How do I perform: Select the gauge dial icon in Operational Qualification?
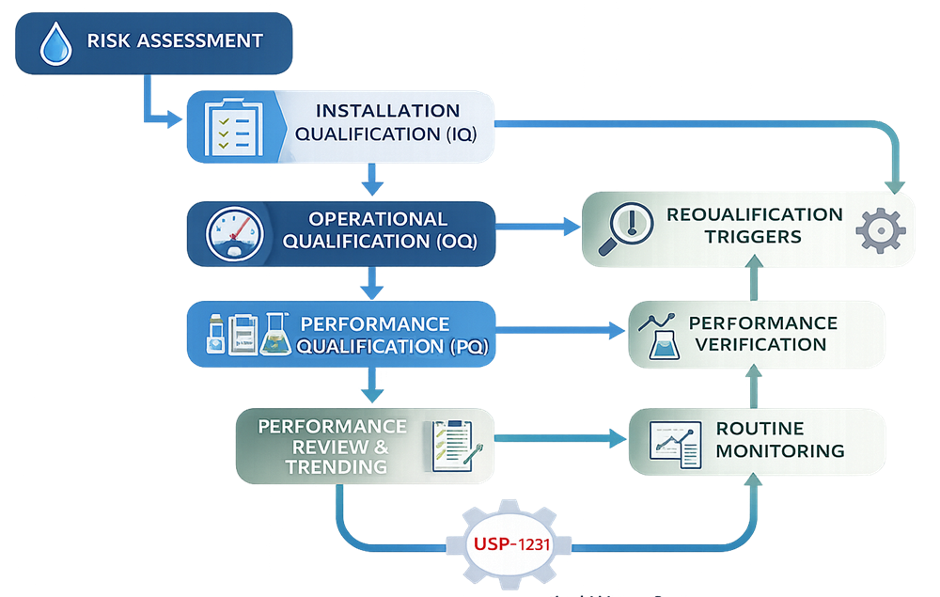(231, 231)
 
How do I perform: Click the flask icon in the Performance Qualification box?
(274, 334)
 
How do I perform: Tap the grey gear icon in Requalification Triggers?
(881, 230)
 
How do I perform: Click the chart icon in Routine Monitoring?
(675, 441)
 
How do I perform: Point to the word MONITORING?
(779, 450)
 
